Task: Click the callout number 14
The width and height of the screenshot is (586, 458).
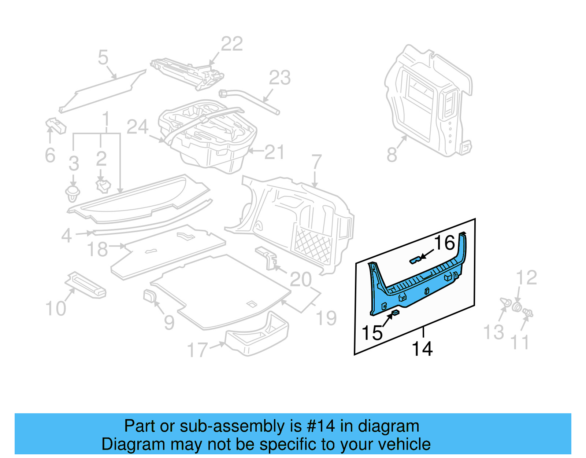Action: click(x=422, y=349)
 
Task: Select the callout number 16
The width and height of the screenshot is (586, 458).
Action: click(x=444, y=243)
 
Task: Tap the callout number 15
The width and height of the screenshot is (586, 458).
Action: click(x=372, y=333)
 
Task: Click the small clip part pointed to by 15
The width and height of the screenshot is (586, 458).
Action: click(x=396, y=312)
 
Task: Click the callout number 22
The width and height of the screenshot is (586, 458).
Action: click(x=232, y=44)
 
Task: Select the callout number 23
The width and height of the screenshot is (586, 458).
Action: click(x=280, y=78)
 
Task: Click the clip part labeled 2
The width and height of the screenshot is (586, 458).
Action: click(x=103, y=186)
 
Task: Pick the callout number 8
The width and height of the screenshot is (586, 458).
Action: click(x=392, y=154)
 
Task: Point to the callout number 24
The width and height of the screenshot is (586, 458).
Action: click(x=137, y=127)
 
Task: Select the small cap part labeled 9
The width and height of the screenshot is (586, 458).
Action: click(x=149, y=296)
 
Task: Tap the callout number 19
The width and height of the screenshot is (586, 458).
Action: click(x=326, y=318)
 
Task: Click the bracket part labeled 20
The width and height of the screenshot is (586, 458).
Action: click(x=267, y=258)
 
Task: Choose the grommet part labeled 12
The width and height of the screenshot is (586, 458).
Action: click(x=517, y=307)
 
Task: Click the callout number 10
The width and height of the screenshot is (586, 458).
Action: click(x=56, y=309)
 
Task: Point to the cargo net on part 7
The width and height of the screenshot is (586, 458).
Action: click(x=313, y=245)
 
